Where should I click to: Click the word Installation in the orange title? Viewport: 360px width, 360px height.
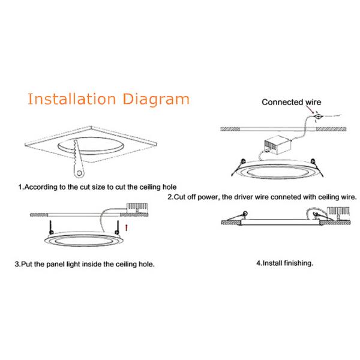[71, 99]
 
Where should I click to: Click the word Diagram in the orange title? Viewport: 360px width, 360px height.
[156, 100]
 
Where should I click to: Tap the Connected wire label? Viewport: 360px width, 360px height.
[292, 102]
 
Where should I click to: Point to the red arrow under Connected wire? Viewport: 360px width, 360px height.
[310, 110]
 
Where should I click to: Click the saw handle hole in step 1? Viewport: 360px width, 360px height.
[79, 173]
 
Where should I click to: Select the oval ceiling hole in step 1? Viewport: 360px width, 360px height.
[91, 146]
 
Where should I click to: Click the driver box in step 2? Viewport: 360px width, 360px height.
[278, 145]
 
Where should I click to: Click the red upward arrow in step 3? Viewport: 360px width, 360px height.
[126, 228]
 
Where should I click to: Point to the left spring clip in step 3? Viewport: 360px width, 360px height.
[51, 227]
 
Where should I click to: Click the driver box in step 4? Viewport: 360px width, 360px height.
[338, 212]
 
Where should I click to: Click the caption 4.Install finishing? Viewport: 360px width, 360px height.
[284, 263]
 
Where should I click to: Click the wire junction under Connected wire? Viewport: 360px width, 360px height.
[318, 116]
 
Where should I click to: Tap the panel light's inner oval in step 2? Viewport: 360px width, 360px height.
[277, 172]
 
